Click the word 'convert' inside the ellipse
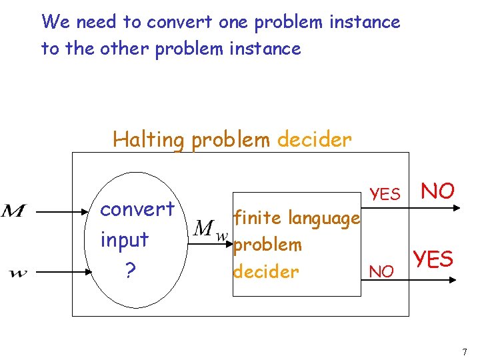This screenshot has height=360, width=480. point(137,209)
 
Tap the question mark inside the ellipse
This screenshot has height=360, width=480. point(130,269)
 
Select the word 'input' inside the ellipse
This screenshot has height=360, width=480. point(124,239)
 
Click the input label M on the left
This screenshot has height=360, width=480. point(14,212)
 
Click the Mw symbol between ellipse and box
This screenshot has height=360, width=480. point(210,231)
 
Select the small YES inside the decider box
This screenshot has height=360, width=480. point(385,194)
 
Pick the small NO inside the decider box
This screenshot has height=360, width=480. point(381,271)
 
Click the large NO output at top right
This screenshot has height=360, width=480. point(438,191)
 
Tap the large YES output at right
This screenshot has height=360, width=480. point(433,258)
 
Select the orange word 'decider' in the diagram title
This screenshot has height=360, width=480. point(314,139)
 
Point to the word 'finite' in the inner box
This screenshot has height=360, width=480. point(254,217)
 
